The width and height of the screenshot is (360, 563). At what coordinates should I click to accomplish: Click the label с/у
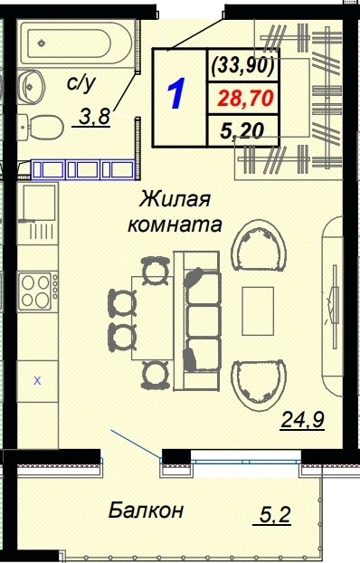(81, 85)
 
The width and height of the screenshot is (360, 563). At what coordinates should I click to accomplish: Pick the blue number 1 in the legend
(177, 95)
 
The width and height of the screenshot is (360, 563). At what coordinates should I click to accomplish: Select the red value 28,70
(242, 97)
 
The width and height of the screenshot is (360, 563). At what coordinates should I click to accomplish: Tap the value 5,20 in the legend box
(242, 131)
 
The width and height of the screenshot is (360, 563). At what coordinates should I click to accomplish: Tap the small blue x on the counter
(37, 381)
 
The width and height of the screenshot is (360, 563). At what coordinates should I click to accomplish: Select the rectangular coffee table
(259, 313)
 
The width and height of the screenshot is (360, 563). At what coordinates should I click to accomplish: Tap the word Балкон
(146, 510)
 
